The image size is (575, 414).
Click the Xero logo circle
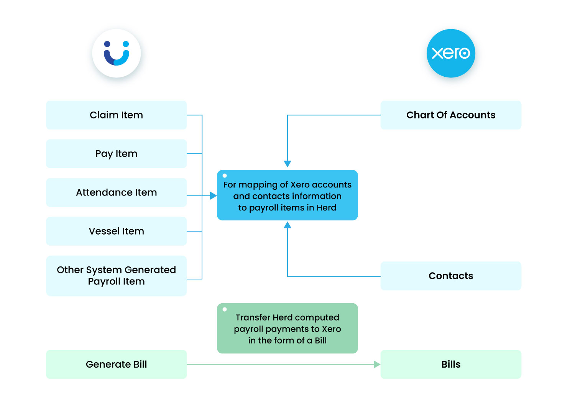(451, 53)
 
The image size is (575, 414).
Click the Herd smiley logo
(117, 53)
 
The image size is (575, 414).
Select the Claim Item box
(116, 115)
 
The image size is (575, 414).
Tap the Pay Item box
(116, 154)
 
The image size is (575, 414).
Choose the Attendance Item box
(116, 192)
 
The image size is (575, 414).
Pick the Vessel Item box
(116, 231)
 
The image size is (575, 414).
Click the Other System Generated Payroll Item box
(116, 276)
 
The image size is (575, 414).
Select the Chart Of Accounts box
(451, 115)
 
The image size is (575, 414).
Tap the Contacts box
(451, 276)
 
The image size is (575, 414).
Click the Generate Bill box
(116, 364)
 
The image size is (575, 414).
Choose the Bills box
(451, 364)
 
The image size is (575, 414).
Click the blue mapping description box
(287, 195)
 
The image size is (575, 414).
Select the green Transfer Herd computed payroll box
(287, 329)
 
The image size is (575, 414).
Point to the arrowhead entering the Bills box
(377, 365)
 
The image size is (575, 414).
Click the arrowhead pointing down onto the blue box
(287, 164)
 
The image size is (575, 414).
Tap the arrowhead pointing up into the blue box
(287, 225)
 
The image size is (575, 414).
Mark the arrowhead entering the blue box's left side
(214, 196)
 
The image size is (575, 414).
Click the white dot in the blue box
(225, 176)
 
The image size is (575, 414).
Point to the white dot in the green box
(225, 309)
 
